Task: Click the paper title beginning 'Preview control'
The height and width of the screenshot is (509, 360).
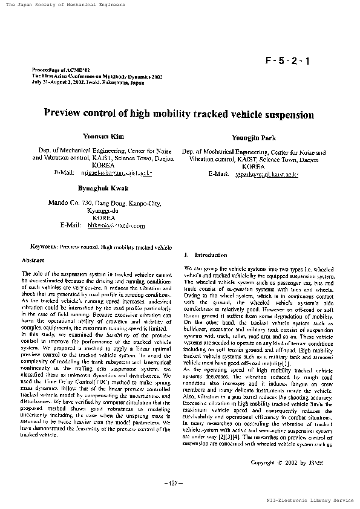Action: point(179,114)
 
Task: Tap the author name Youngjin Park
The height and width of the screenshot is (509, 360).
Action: point(254,138)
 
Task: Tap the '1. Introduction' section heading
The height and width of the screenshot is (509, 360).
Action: point(197,256)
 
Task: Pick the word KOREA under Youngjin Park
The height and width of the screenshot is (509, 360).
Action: point(253,166)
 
